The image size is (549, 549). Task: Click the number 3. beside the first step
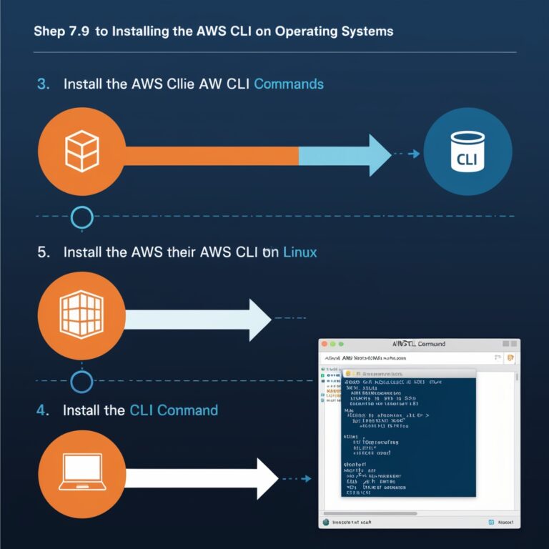pyautogui.click(x=43, y=84)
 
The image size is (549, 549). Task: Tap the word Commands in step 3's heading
pyautogui.click(x=289, y=84)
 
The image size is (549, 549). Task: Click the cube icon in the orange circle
pyautogui.click(x=81, y=152)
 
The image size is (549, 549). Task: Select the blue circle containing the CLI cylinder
pyautogui.click(x=468, y=152)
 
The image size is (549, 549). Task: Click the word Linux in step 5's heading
pyautogui.click(x=300, y=252)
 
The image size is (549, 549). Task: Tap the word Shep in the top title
pyautogui.click(x=48, y=31)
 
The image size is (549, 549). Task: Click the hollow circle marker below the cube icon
pyautogui.click(x=82, y=217)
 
